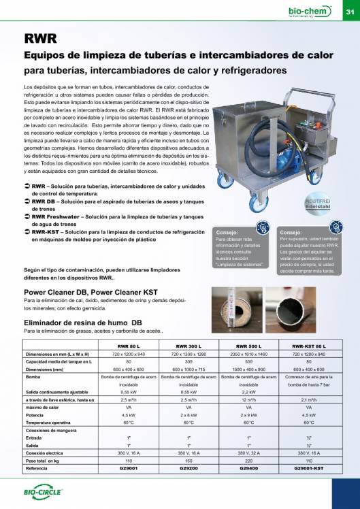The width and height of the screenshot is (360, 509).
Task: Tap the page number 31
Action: point(349,12)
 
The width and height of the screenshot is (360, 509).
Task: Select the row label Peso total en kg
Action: point(45,462)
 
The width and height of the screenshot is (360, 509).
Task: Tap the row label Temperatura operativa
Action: point(48,421)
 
